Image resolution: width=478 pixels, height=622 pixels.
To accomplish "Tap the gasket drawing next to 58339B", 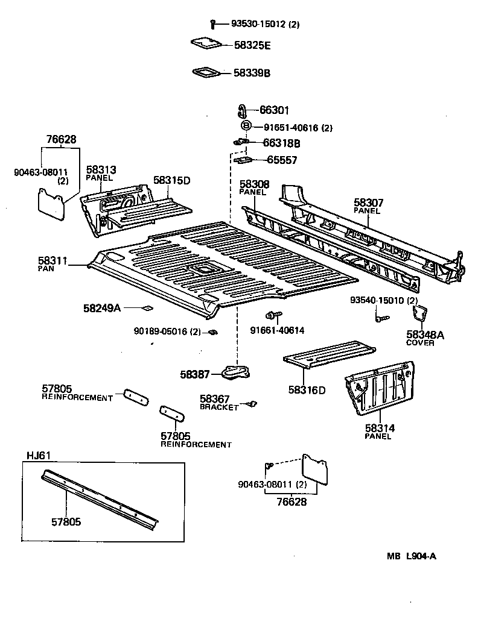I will (205, 73).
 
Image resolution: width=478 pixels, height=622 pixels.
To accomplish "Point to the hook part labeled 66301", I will (243, 111).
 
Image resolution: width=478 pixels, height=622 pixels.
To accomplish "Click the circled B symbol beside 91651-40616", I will (246, 127).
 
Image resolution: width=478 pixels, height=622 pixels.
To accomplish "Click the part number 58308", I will (255, 184).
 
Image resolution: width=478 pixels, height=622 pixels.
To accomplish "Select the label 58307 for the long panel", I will (369, 203).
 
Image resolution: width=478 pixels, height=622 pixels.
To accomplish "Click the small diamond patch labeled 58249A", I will (146, 308).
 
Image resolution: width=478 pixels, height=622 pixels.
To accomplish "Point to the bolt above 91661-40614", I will (272, 315).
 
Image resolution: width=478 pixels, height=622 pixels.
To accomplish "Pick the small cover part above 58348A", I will (419, 313).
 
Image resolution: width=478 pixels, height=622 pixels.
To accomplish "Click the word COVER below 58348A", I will (420, 343).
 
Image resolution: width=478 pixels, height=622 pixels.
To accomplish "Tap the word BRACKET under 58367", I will (219, 407).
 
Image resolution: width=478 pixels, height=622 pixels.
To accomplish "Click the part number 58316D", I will (307, 390).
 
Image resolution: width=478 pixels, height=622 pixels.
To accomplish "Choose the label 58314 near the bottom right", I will (380, 428).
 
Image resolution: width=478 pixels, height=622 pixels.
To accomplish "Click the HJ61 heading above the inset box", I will (37, 455).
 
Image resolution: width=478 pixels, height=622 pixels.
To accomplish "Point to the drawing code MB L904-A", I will (412, 556).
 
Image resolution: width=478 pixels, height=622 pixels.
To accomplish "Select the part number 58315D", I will (171, 180).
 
